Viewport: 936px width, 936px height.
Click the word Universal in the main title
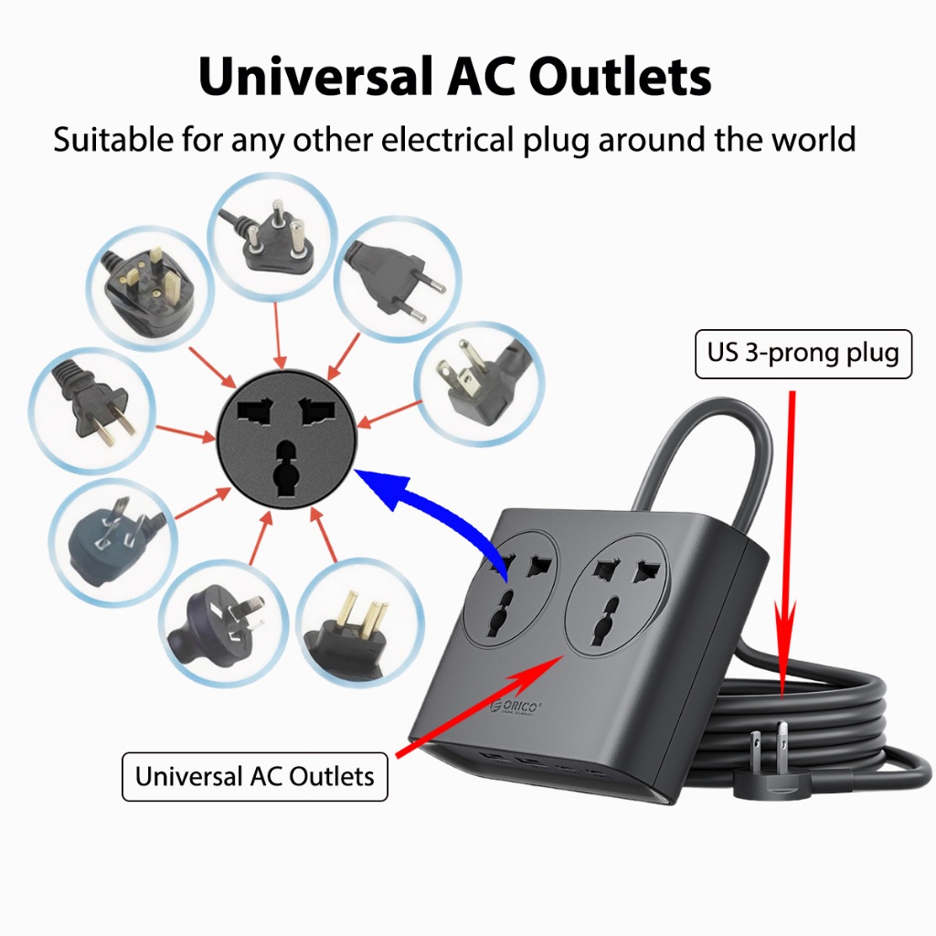point(315,77)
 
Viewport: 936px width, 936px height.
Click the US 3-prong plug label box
point(803,354)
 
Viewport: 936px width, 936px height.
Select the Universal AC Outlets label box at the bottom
point(255,776)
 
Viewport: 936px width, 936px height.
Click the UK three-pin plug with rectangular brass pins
point(149,289)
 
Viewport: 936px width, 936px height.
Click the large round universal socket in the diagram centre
point(286,440)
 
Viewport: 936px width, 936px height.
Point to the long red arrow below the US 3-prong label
point(789,543)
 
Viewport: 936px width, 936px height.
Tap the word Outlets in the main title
point(621,77)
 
